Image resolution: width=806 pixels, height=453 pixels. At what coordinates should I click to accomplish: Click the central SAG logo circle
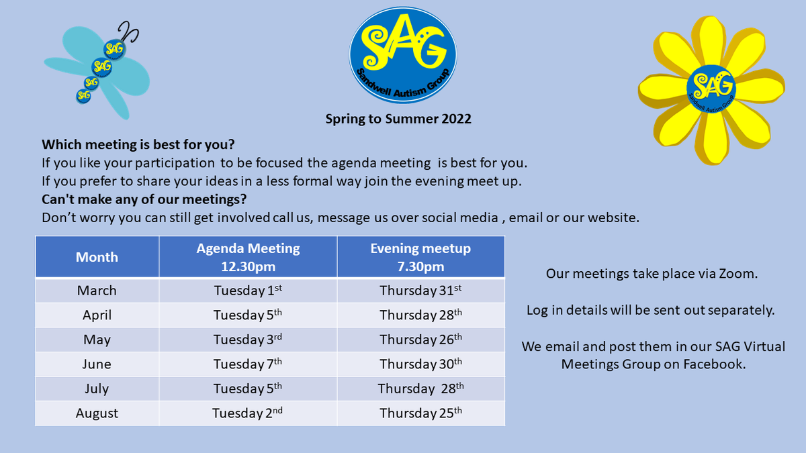pos(403,54)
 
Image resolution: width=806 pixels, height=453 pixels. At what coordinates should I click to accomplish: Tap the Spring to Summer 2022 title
pos(398,119)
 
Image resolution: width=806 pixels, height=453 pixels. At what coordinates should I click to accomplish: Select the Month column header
pos(97,257)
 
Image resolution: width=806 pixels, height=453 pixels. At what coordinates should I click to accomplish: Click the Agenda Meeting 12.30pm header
pos(248,257)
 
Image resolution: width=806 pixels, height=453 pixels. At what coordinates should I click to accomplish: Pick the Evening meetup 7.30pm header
pos(420,257)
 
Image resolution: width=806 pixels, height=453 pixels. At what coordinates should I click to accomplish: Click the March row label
pos(97,291)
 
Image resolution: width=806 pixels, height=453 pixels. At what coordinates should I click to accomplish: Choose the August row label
pos(97,413)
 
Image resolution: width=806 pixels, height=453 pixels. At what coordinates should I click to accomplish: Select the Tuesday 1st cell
pos(248,291)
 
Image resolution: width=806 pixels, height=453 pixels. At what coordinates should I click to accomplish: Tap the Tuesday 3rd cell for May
pos(248,340)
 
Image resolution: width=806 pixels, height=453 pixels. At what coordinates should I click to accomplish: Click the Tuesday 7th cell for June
pos(248,364)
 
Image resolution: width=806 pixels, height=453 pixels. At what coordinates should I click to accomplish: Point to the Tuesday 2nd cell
pos(248,413)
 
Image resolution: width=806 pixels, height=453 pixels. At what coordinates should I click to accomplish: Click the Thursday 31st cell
pos(420,291)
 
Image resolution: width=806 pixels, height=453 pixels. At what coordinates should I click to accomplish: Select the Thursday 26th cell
pos(420,340)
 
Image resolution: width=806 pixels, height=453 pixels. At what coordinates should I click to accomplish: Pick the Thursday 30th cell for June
pos(420,364)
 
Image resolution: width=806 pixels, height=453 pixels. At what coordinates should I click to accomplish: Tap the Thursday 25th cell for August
pos(420,413)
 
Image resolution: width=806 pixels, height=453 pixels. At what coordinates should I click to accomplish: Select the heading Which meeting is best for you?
pos(138,144)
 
